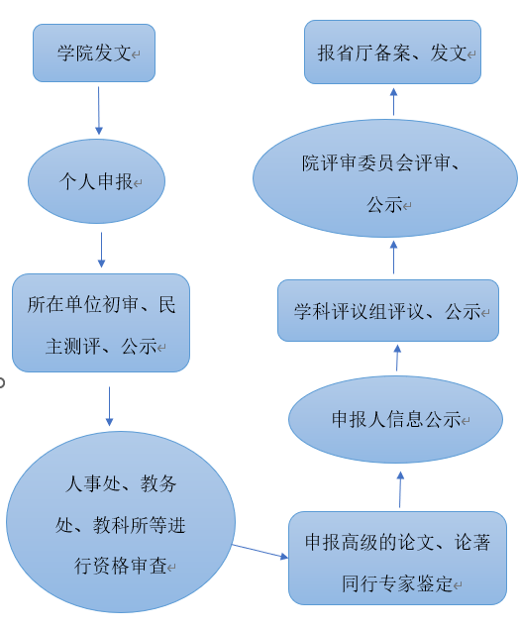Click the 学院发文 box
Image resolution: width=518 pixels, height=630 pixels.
(94, 53)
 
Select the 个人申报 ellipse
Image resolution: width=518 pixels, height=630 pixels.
(96, 181)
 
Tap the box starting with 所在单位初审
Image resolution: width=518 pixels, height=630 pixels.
(101, 323)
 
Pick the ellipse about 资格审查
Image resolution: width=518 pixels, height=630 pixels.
(121, 522)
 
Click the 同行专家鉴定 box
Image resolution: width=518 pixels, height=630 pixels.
(397, 558)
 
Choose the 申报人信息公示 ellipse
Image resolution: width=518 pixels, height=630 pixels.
(395, 419)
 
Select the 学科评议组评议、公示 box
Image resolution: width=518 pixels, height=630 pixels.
(388, 311)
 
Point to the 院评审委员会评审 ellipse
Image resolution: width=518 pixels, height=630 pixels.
(385, 178)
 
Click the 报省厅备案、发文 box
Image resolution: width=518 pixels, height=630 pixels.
(392, 52)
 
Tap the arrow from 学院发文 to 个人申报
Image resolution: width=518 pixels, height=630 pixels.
(98, 111)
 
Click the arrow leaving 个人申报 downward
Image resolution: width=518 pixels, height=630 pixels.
(101, 250)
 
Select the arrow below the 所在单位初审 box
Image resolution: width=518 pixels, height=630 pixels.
(109, 406)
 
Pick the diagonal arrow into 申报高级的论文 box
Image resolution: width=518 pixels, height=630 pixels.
(260, 551)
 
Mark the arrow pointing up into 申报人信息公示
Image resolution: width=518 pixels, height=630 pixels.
(400, 489)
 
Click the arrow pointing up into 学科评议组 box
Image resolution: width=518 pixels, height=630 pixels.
(397, 358)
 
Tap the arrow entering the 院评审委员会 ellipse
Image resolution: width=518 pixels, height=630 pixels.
(393, 258)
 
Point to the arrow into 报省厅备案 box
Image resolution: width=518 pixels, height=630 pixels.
(393, 102)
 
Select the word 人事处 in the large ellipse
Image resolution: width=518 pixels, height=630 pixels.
(93, 483)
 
